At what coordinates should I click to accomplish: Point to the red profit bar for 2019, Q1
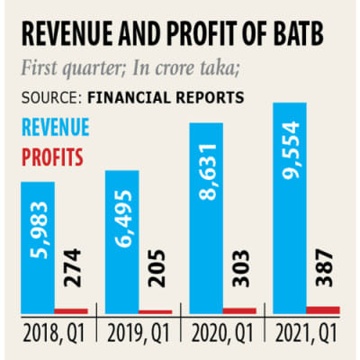point(155,312)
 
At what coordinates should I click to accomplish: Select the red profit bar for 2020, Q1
point(239,311)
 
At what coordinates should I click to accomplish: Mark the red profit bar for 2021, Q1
point(322,310)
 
